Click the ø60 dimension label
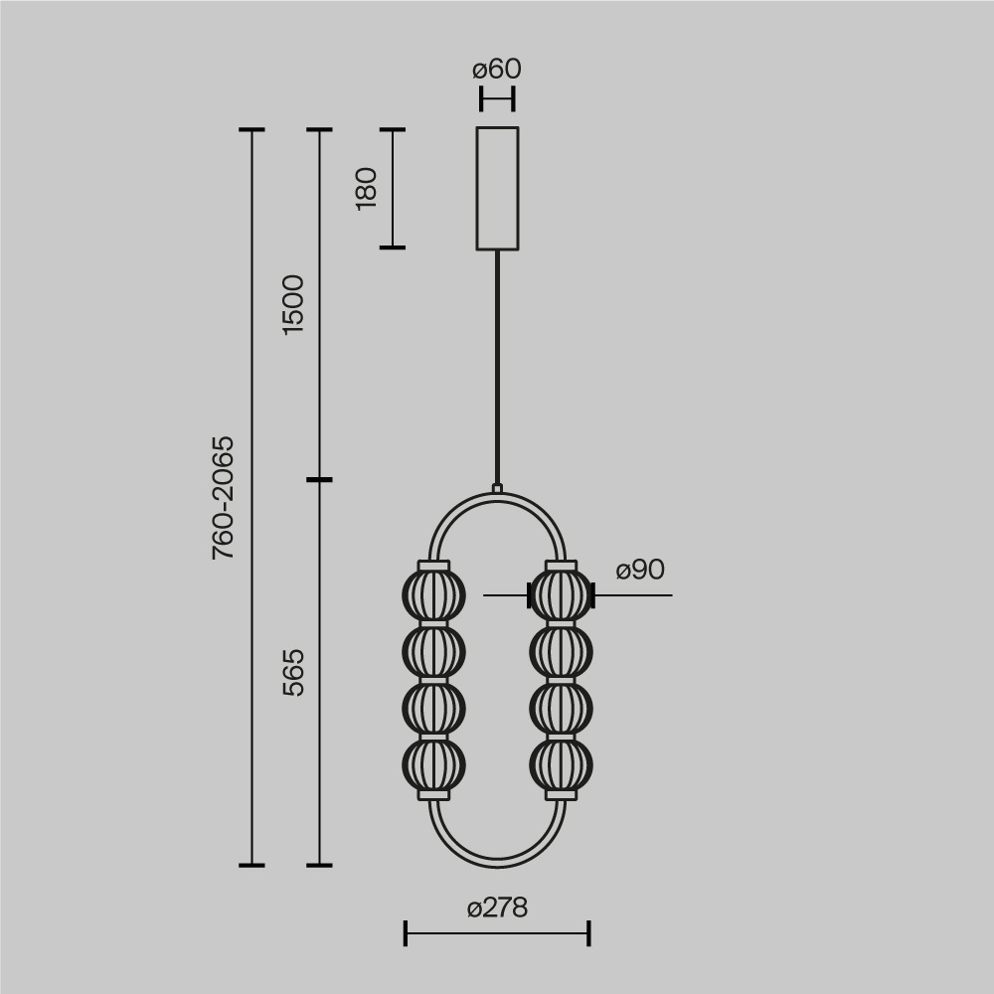(497, 70)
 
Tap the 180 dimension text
(367, 188)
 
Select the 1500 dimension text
(293, 304)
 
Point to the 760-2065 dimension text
(224, 497)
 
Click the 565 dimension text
(293, 672)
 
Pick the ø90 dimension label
(640, 571)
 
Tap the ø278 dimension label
(497, 908)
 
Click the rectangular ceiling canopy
(497, 188)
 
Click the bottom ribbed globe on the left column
(433, 766)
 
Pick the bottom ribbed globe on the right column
(561, 766)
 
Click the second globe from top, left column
(433, 652)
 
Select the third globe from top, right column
(561, 709)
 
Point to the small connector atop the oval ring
(497, 488)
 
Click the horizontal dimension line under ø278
(497, 933)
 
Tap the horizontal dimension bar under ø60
(497, 99)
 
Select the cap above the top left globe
(433, 566)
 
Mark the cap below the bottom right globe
(561, 795)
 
